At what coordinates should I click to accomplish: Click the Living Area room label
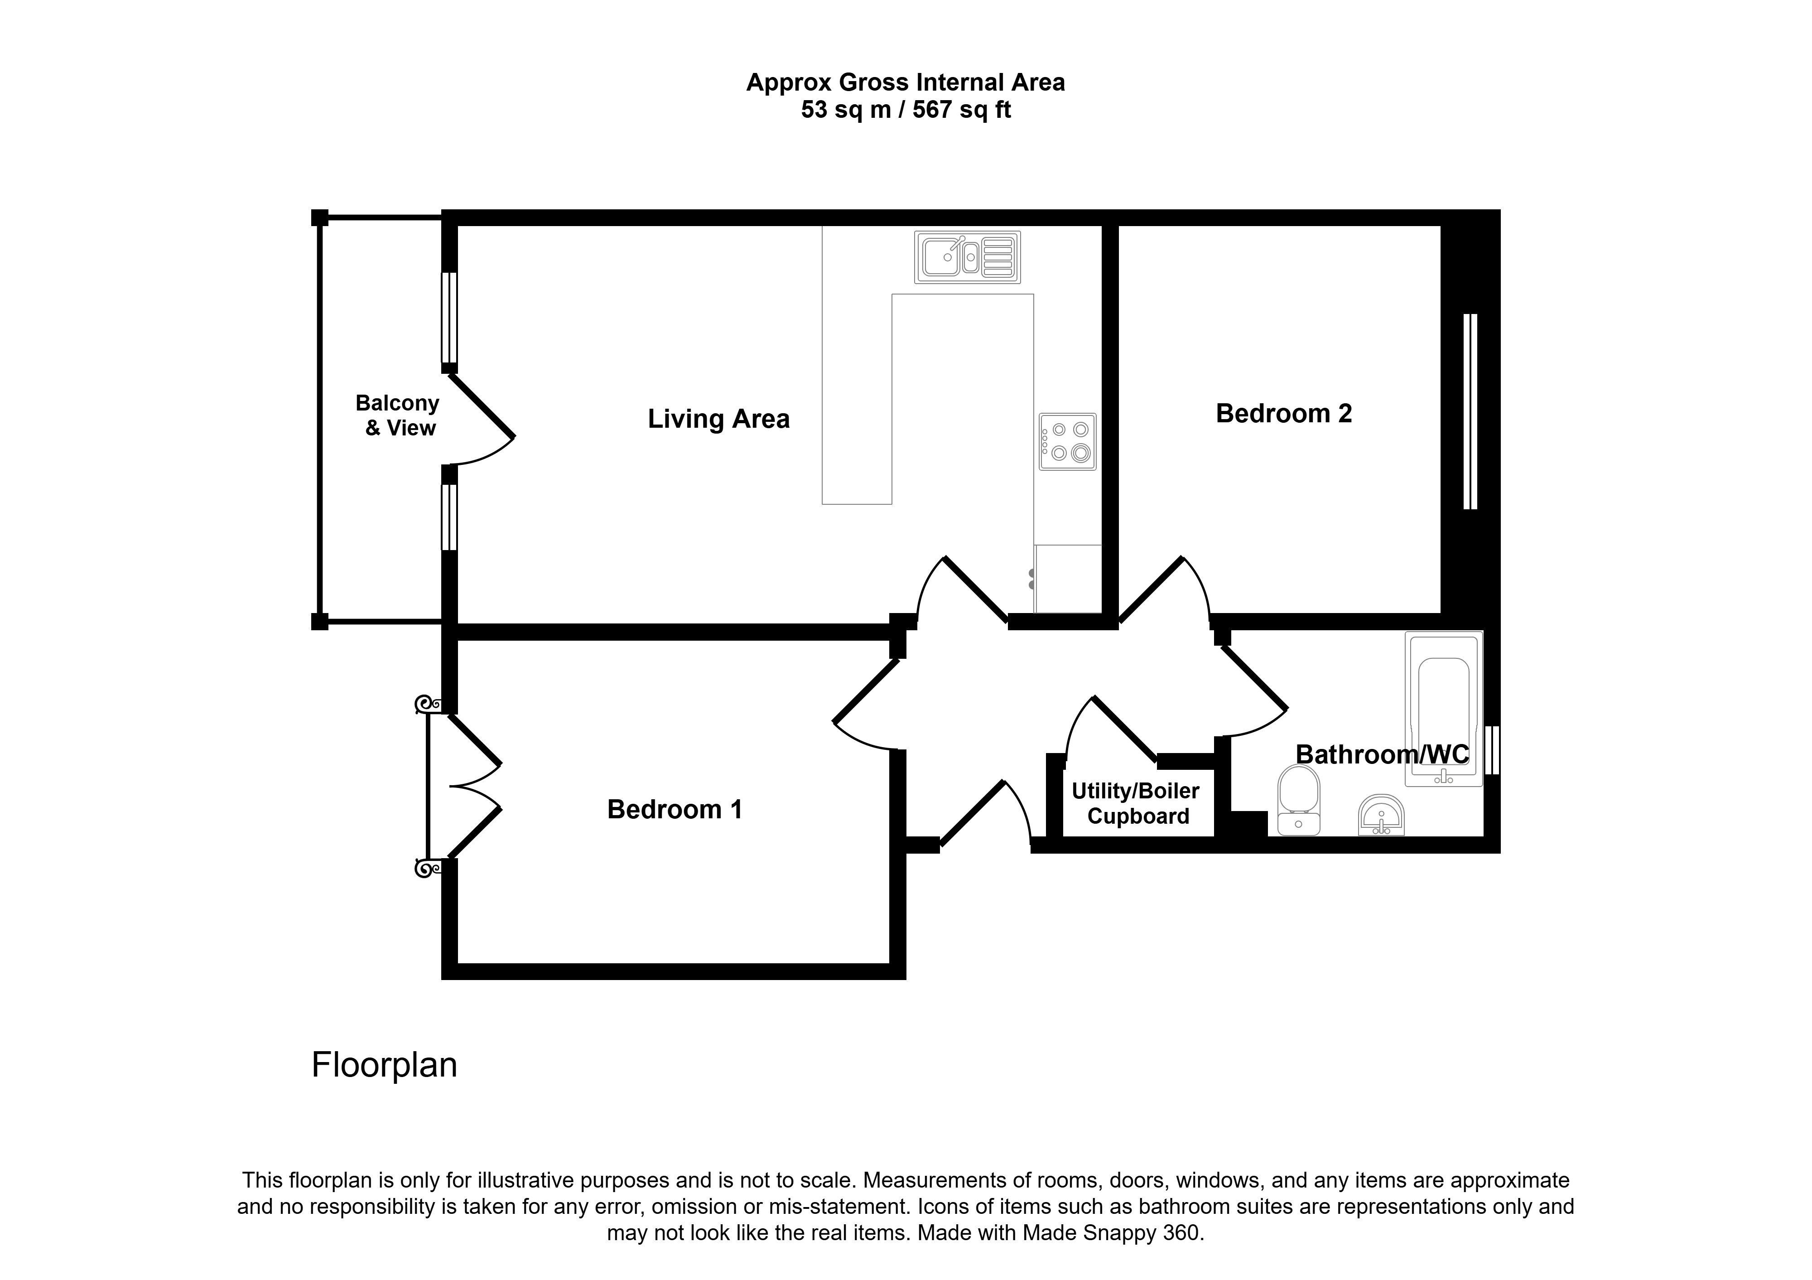click(718, 419)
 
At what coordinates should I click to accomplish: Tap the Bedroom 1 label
click(675, 810)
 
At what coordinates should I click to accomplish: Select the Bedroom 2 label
click(1284, 414)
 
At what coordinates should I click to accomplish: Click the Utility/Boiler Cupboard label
click(1137, 803)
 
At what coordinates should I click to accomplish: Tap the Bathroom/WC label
click(1382, 754)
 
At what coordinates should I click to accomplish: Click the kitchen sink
click(968, 257)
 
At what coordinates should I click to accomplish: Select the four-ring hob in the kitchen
click(1068, 442)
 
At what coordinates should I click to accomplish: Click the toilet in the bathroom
click(1298, 800)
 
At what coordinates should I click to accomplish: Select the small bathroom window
click(1492, 750)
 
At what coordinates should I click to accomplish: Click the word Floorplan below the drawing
click(384, 1065)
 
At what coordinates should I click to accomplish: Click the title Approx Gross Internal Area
click(905, 82)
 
